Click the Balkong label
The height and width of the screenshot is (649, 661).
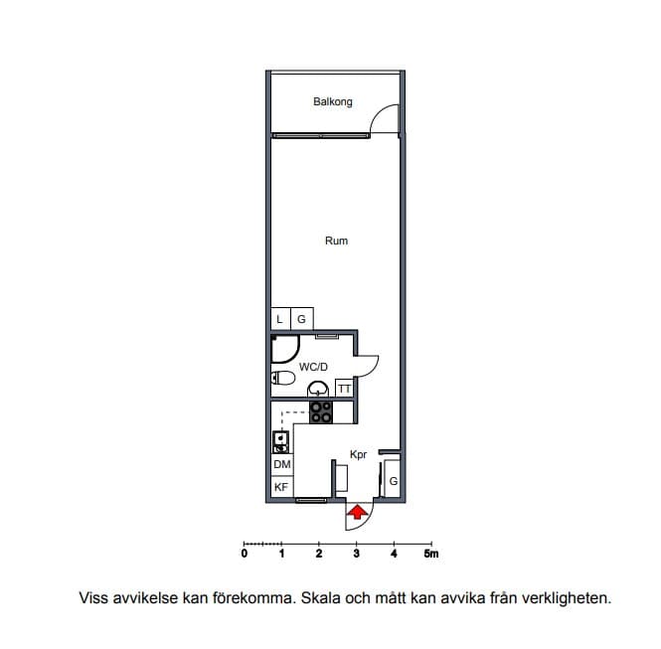[333, 102]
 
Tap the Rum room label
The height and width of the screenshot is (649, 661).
[336, 242]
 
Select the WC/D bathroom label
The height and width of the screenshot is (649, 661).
[313, 367]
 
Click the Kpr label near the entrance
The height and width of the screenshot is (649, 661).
[358, 455]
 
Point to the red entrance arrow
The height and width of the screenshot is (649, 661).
[357, 512]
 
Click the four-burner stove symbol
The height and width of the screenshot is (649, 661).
[321, 412]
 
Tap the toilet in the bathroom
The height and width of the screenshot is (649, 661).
[283, 378]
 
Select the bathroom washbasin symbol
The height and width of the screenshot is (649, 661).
[318, 389]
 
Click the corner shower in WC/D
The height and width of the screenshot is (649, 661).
[285, 349]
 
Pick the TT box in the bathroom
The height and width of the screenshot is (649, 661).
[344, 389]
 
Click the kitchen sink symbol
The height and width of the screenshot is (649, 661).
[280, 441]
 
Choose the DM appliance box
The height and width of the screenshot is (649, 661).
[282, 464]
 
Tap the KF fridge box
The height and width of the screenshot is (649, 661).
[282, 487]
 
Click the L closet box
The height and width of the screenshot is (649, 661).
[280, 319]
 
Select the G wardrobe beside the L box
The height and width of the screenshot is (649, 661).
[302, 319]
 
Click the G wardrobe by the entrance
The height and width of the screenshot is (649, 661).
[393, 480]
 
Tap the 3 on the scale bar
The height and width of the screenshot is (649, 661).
[357, 554]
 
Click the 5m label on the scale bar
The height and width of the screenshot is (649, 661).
[431, 554]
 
